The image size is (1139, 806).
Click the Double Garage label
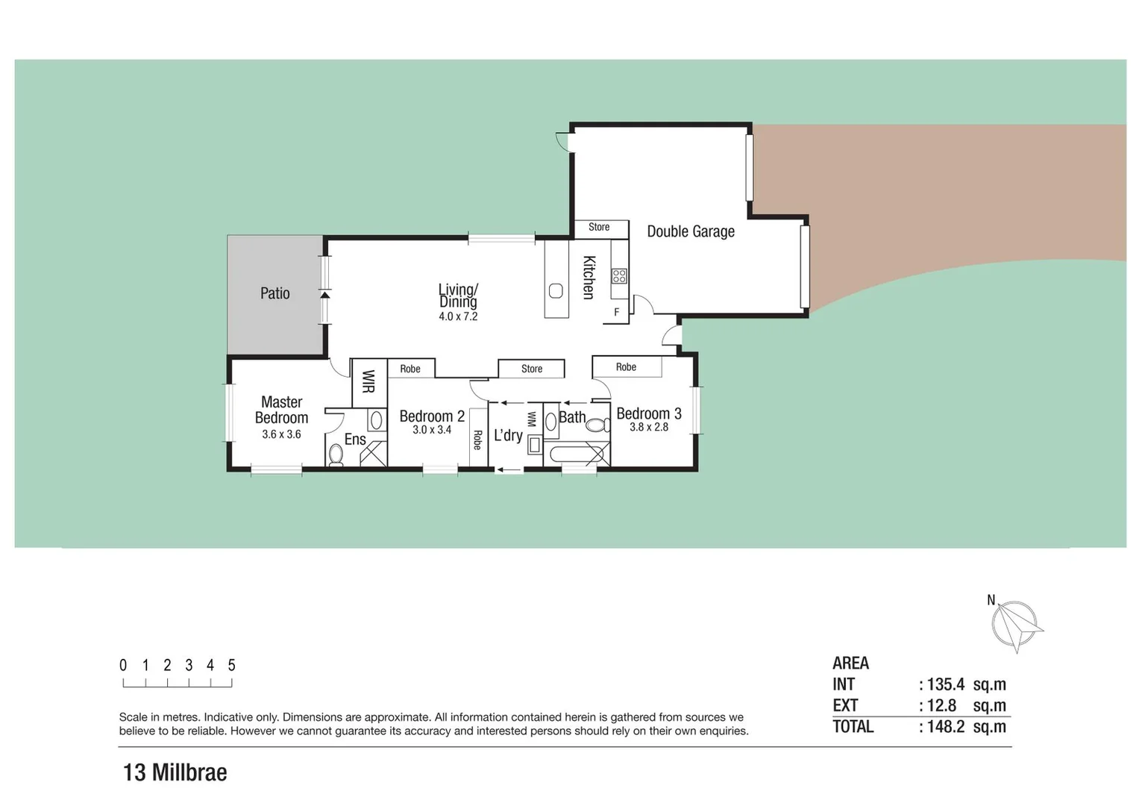pyautogui.click(x=690, y=231)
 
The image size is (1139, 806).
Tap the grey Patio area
pyautogui.click(x=275, y=294)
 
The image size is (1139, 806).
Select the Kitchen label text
pyautogui.click(x=589, y=278)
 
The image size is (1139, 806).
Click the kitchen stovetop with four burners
pyautogui.click(x=619, y=276)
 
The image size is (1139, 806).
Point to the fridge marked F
pyautogui.click(x=617, y=312)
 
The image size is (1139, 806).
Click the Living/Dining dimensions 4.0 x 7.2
pyautogui.click(x=458, y=316)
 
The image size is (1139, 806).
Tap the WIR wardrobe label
pyautogui.click(x=368, y=381)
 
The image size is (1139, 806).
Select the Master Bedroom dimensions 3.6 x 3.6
pyautogui.click(x=281, y=434)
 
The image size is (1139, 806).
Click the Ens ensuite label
pyautogui.click(x=355, y=440)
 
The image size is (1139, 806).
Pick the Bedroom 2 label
pyautogui.click(x=432, y=416)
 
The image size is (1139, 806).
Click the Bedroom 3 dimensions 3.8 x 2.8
pyautogui.click(x=649, y=428)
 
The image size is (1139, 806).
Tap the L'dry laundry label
pyautogui.click(x=508, y=435)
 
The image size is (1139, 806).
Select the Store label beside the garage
pyautogui.click(x=599, y=227)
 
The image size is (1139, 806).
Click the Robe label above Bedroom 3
pyautogui.click(x=626, y=367)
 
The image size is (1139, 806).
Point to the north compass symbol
pyautogui.click(x=1014, y=625)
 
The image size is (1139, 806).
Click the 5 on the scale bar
pyautogui.click(x=232, y=665)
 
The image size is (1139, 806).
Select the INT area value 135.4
pyautogui.click(x=945, y=684)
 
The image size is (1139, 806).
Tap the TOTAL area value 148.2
pyautogui.click(x=945, y=727)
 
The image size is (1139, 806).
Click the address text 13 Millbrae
pyautogui.click(x=175, y=772)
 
